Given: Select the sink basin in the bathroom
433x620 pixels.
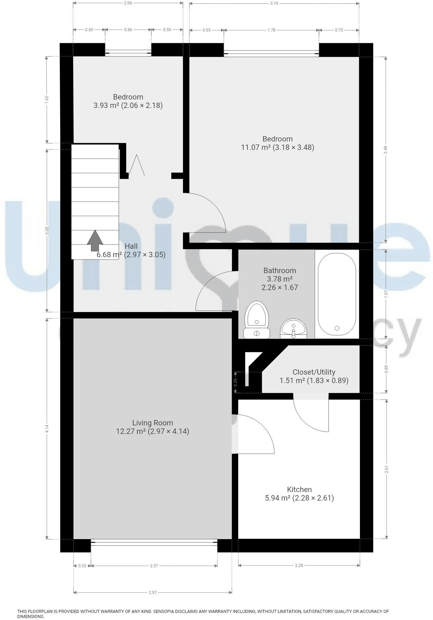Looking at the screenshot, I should coord(293,328).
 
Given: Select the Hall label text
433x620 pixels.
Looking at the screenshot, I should coord(131,246).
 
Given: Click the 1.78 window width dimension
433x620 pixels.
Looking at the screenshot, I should coord(271,30).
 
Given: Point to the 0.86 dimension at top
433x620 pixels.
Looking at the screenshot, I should coord(128,30).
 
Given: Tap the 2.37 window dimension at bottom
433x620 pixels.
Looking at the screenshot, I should coord(154,566).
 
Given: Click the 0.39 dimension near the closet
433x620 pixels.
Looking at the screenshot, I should coord(235,382).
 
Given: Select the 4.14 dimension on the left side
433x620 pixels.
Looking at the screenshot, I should coord(47,428).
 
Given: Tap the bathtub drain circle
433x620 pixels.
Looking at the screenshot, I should coord(337,328).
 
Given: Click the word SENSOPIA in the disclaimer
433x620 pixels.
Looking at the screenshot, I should coord(165,612).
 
